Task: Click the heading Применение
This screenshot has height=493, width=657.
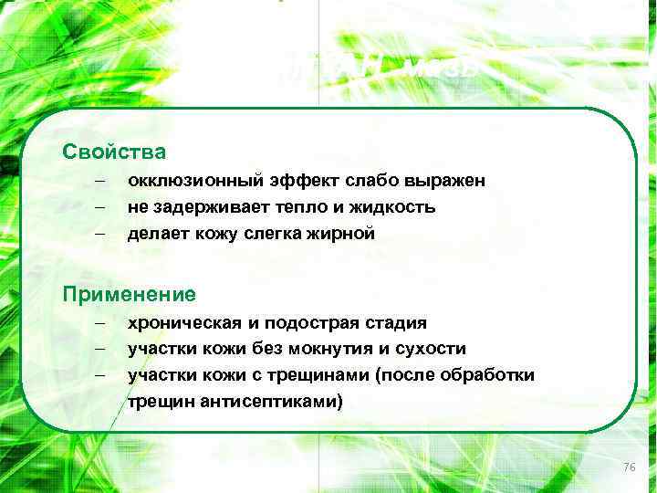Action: click(129, 294)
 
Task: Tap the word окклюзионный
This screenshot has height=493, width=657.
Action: click(187, 182)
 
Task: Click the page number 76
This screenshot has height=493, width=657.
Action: click(628, 467)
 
